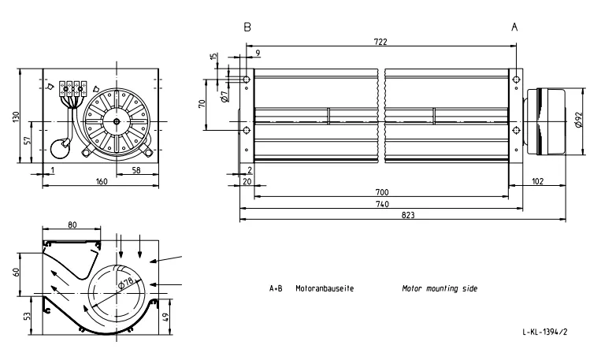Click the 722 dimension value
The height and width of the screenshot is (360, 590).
380,42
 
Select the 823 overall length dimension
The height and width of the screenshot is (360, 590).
408,215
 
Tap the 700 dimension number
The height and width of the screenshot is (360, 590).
381,192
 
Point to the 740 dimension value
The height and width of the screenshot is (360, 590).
382,204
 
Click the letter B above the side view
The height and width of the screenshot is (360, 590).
247,27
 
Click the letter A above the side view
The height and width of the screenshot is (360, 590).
514,27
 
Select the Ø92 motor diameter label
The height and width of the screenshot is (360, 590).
580,120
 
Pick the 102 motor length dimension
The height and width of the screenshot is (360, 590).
538,181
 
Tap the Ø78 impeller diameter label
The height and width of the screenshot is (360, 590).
126,283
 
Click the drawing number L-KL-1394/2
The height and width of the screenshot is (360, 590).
544,332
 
